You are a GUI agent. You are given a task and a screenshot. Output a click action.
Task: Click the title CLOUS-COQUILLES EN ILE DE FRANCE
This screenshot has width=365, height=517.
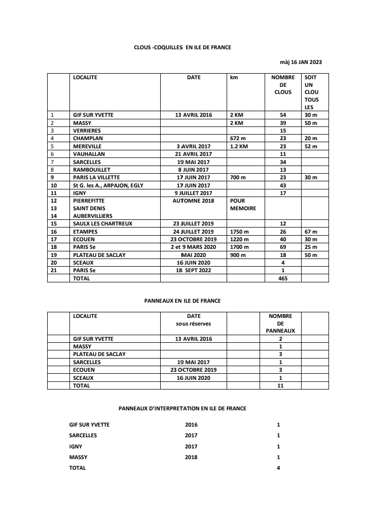(x=182, y=47)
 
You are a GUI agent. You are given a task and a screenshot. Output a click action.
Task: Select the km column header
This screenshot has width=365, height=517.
(x=234, y=78)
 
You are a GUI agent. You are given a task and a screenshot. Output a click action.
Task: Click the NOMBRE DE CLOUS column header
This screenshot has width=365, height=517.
(x=283, y=85)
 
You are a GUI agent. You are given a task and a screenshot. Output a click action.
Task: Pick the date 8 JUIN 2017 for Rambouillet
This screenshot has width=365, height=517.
(x=194, y=170)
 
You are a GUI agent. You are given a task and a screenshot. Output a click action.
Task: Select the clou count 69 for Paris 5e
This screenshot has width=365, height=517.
(x=283, y=247)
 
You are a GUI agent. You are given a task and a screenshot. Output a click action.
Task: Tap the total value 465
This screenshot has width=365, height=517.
(x=283, y=278)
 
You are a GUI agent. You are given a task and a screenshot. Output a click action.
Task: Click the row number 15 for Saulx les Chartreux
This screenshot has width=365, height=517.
(x=53, y=224)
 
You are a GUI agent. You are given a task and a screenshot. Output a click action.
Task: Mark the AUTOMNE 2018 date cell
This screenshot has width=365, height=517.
(x=194, y=201)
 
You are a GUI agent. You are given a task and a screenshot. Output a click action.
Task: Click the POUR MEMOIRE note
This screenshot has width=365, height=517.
(x=243, y=204)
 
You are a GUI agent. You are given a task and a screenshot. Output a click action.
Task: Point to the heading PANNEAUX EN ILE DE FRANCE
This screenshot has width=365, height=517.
(x=182, y=301)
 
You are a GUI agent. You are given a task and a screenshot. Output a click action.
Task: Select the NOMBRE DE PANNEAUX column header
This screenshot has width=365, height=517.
(x=280, y=323)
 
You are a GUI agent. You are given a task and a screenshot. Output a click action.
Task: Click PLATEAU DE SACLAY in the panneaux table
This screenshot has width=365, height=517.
(x=99, y=354)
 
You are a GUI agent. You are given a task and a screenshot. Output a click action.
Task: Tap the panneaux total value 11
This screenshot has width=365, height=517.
(x=280, y=385)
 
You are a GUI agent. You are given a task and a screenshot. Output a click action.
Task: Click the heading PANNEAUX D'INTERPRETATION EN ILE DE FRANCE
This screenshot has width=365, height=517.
(x=182, y=408)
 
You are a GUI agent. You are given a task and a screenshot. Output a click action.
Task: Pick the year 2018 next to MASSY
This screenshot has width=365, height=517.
(x=191, y=457)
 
